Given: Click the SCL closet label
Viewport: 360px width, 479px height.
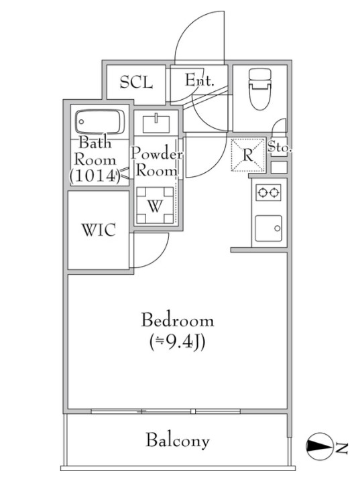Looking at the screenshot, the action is click(136, 82).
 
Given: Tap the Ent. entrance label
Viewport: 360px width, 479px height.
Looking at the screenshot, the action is click(200, 80).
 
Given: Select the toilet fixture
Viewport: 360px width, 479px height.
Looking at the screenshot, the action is click(259, 88).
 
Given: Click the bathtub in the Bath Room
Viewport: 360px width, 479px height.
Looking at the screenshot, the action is click(100, 121).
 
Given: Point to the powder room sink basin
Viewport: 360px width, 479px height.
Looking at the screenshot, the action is click(156, 123).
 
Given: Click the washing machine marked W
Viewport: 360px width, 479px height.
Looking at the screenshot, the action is click(155, 205).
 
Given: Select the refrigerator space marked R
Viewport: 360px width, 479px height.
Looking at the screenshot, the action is click(248, 155).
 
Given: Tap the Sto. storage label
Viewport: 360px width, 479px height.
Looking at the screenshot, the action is click(280, 147).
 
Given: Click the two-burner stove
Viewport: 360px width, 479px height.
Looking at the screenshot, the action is click(268, 192).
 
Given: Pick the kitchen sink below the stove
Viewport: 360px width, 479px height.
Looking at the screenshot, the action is click(268, 228).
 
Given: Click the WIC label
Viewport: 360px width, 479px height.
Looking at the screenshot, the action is click(99, 230).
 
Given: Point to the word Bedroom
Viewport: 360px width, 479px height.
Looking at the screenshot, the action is click(177, 320).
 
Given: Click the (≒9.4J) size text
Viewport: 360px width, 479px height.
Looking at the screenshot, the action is click(177, 343).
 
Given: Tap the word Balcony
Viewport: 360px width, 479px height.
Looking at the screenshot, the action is click(178, 441).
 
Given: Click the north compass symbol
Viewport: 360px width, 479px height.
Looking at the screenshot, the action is click(320, 446).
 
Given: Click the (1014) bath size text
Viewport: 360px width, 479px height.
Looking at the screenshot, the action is click(94, 176).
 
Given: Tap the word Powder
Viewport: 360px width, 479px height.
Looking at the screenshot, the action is click(156, 153).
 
